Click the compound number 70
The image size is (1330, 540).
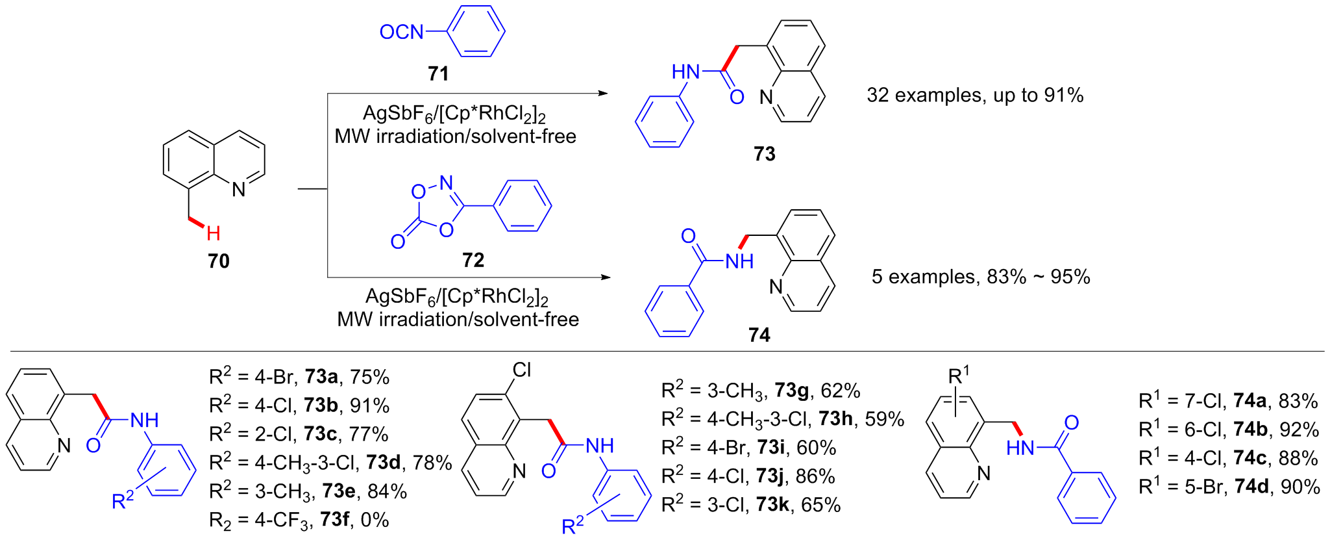pyautogui.click(x=219, y=261)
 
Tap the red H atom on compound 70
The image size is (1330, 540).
pyautogui.click(x=214, y=233)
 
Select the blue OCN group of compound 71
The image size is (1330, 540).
pyautogui.click(x=401, y=32)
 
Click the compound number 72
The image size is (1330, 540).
pyautogui.click(x=473, y=261)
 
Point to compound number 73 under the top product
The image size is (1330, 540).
pyautogui.click(x=765, y=154)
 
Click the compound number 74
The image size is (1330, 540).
pyautogui.click(x=759, y=335)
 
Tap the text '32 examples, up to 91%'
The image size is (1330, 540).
pyautogui.click(x=975, y=96)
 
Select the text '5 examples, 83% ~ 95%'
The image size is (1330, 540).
pyautogui.click(x=981, y=277)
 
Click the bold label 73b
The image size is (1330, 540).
pyautogui.click(x=321, y=405)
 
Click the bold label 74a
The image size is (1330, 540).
pyautogui.click(x=1250, y=401)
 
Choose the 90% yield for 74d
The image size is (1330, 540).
pyautogui.click(x=1299, y=487)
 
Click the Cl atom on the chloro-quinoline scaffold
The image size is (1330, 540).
pyautogui.click(x=521, y=370)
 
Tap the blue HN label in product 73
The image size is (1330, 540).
pyautogui.click(x=685, y=71)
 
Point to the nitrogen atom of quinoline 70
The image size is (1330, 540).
pyautogui.click(x=239, y=189)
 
